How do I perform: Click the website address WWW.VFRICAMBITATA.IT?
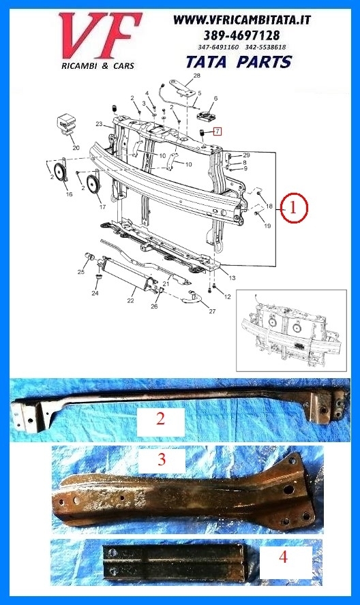click(242, 20)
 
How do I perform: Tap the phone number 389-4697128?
click(242, 35)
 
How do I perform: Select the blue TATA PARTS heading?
click(239, 62)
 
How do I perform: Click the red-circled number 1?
click(294, 208)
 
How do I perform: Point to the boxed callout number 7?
click(217, 131)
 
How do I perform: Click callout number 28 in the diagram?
click(196, 76)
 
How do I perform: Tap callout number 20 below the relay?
click(76, 148)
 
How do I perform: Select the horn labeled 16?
click(61, 170)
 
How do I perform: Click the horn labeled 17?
click(93, 185)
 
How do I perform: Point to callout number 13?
click(232, 277)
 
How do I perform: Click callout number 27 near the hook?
click(212, 311)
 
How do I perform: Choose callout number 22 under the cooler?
click(130, 300)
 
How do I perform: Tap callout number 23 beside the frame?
click(99, 124)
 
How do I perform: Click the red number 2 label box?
click(161, 419)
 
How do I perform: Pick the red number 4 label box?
click(285, 557)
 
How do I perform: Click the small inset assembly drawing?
click(291, 330)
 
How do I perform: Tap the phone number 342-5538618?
click(269, 47)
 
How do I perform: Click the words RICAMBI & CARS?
click(97, 66)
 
